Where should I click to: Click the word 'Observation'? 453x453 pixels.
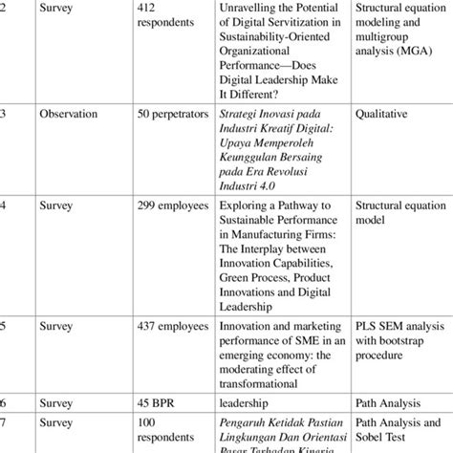tap(68, 114)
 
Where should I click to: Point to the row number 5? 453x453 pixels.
tap(4, 325)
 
